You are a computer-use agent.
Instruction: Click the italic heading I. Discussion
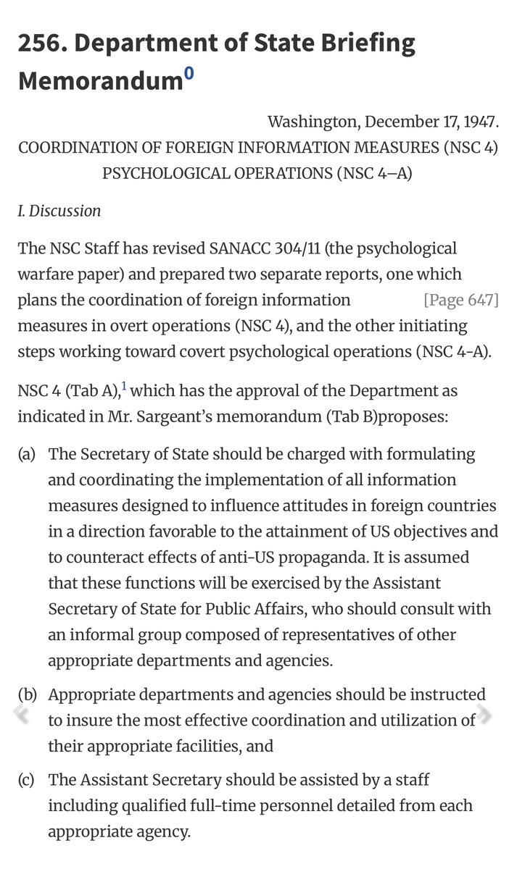[59, 211]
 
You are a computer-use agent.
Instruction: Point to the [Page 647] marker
[461, 300]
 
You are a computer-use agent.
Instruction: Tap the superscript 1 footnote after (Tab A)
[124, 387]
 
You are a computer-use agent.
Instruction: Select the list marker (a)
[27, 455]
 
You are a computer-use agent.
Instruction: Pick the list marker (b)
[27, 694]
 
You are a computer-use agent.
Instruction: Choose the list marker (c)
[27, 780]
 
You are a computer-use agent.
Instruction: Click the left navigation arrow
[22, 715]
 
